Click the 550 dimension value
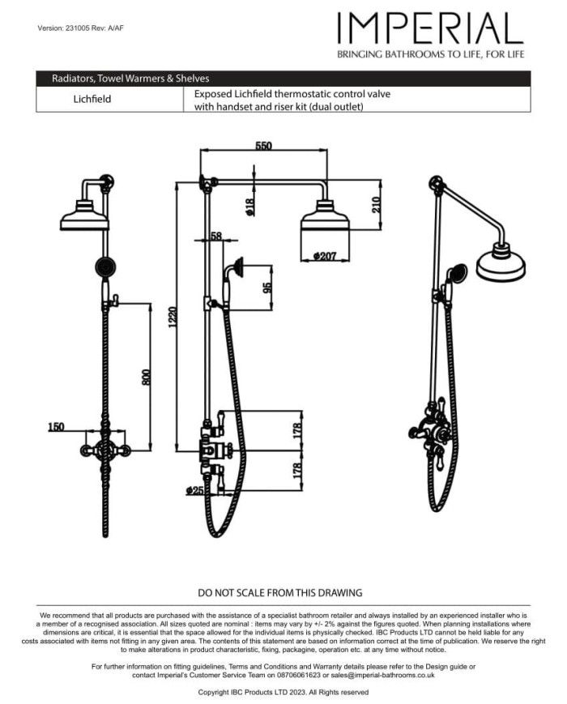click(263, 146)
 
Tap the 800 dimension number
click(147, 377)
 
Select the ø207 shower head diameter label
click(325, 257)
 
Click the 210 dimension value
click(375, 205)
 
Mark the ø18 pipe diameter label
click(250, 207)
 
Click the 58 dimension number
click(215, 236)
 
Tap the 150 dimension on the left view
click(56, 426)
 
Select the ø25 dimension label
click(194, 490)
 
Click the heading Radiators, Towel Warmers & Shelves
click(130, 79)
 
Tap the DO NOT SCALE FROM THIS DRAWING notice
click(280, 593)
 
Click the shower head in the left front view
click(85, 215)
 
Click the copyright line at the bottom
click(283, 693)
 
